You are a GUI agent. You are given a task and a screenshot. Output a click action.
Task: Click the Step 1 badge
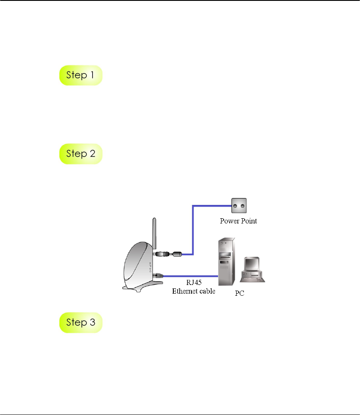[80, 75]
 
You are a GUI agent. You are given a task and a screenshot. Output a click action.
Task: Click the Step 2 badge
[80, 154]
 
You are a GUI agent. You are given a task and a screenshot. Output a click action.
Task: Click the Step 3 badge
[80, 322]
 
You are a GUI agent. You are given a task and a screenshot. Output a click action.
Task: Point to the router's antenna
[154, 235]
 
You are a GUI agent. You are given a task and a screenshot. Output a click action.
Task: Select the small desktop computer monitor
[252, 266]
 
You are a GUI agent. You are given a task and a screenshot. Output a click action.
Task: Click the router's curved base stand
[144, 287]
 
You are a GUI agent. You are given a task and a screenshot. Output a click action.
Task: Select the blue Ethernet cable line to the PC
[194, 276]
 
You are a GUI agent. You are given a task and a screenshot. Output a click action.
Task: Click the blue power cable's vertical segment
[193, 230]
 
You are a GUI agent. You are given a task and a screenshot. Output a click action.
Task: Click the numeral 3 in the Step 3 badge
[93, 322]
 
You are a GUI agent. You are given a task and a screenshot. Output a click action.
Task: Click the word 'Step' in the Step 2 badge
[76, 154]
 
